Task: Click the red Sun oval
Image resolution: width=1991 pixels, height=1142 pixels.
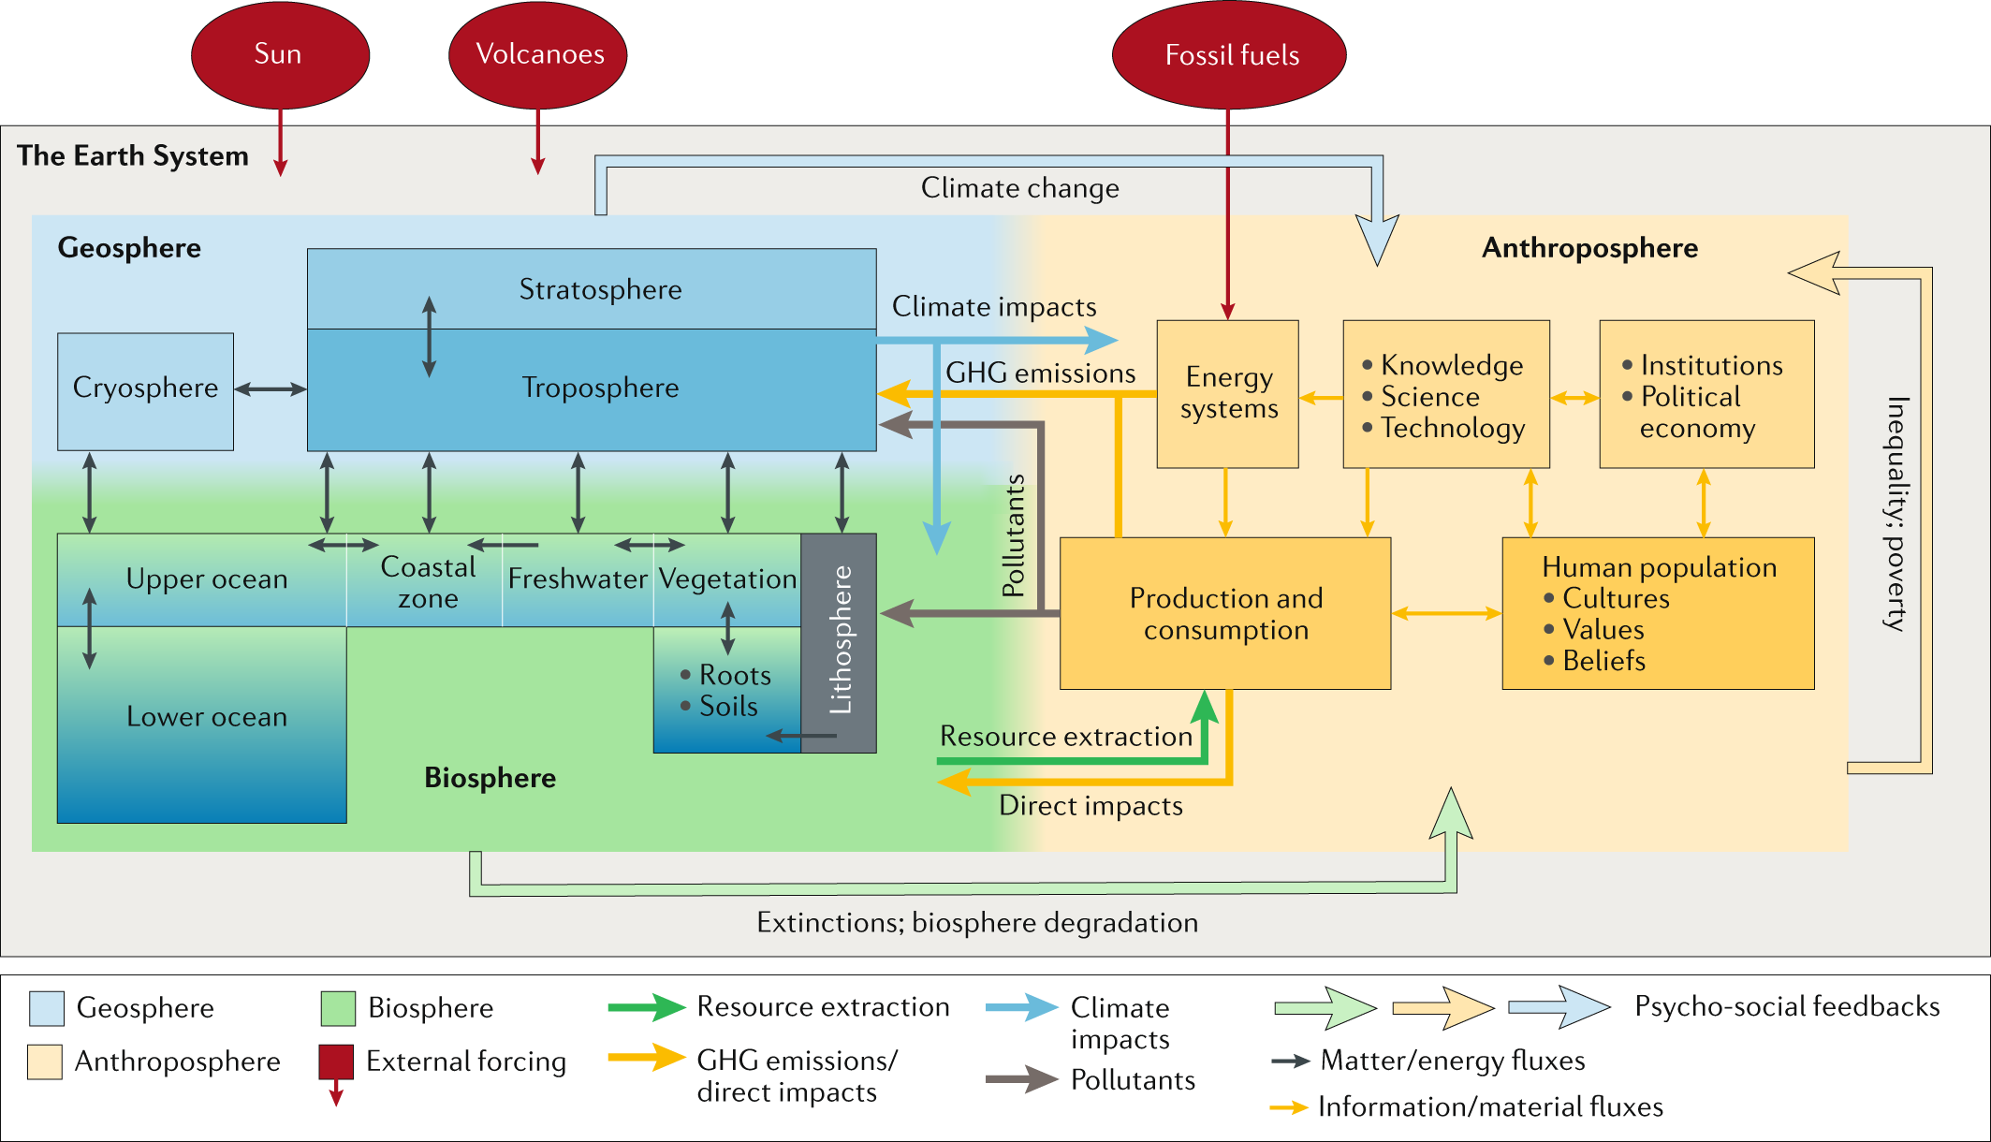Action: click(280, 54)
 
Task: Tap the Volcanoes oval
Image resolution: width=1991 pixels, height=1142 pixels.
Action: click(538, 54)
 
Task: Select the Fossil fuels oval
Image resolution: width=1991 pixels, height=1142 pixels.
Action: click(1229, 55)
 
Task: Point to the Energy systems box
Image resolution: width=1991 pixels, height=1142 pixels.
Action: click(1227, 394)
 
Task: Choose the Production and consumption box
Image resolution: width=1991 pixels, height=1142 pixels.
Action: click(1224, 613)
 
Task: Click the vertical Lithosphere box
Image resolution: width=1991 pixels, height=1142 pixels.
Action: click(840, 641)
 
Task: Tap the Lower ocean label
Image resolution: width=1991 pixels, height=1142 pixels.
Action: click(207, 717)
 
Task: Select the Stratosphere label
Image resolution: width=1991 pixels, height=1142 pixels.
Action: click(600, 289)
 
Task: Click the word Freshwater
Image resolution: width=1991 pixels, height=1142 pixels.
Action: click(577, 579)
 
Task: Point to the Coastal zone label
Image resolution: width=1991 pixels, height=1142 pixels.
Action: click(428, 582)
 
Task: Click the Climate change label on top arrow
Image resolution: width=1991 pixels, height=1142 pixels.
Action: click(1019, 188)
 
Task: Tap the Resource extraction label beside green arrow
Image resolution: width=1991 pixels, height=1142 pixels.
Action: click(1065, 737)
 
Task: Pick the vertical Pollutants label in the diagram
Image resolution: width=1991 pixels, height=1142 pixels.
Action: click(1014, 535)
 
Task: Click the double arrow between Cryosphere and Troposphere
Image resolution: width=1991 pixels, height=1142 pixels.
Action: click(271, 389)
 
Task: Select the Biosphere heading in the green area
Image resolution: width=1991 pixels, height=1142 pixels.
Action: click(490, 778)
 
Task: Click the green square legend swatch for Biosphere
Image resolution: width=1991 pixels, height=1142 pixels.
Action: click(337, 1008)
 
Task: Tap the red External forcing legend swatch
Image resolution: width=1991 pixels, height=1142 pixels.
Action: click(336, 1062)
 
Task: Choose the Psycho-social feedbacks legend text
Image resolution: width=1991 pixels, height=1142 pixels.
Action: click(1786, 1006)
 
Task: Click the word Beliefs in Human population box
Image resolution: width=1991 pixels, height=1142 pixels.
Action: click(1603, 661)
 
